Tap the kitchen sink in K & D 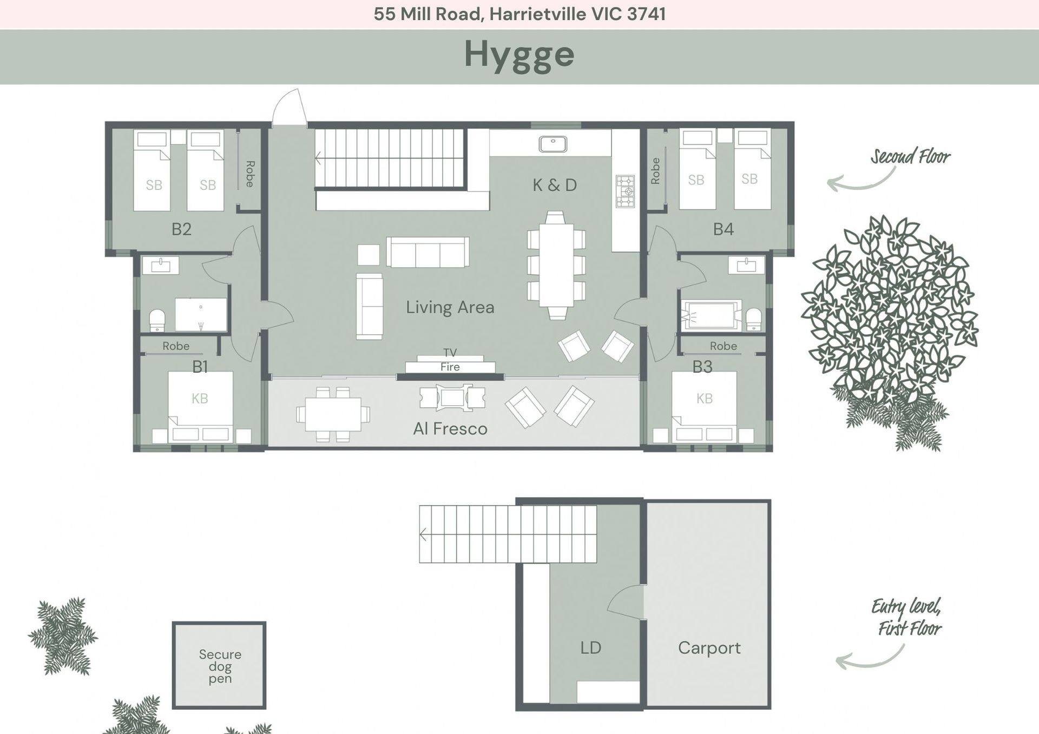[x=553, y=144]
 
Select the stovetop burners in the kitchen [x=625, y=191]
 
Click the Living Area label [x=450, y=307]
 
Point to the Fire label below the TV [x=450, y=367]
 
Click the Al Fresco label [x=450, y=429]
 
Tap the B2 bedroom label [x=182, y=229]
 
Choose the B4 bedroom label [x=724, y=229]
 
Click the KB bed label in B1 [x=200, y=399]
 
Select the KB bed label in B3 [x=705, y=399]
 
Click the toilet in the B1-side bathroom [x=157, y=320]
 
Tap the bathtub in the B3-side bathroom [x=711, y=315]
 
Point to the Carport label [x=709, y=648]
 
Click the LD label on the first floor [x=590, y=648]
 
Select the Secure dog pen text [x=220, y=666]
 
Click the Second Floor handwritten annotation [x=910, y=157]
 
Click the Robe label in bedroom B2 [x=249, y=174]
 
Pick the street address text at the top [x=519, y=14]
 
